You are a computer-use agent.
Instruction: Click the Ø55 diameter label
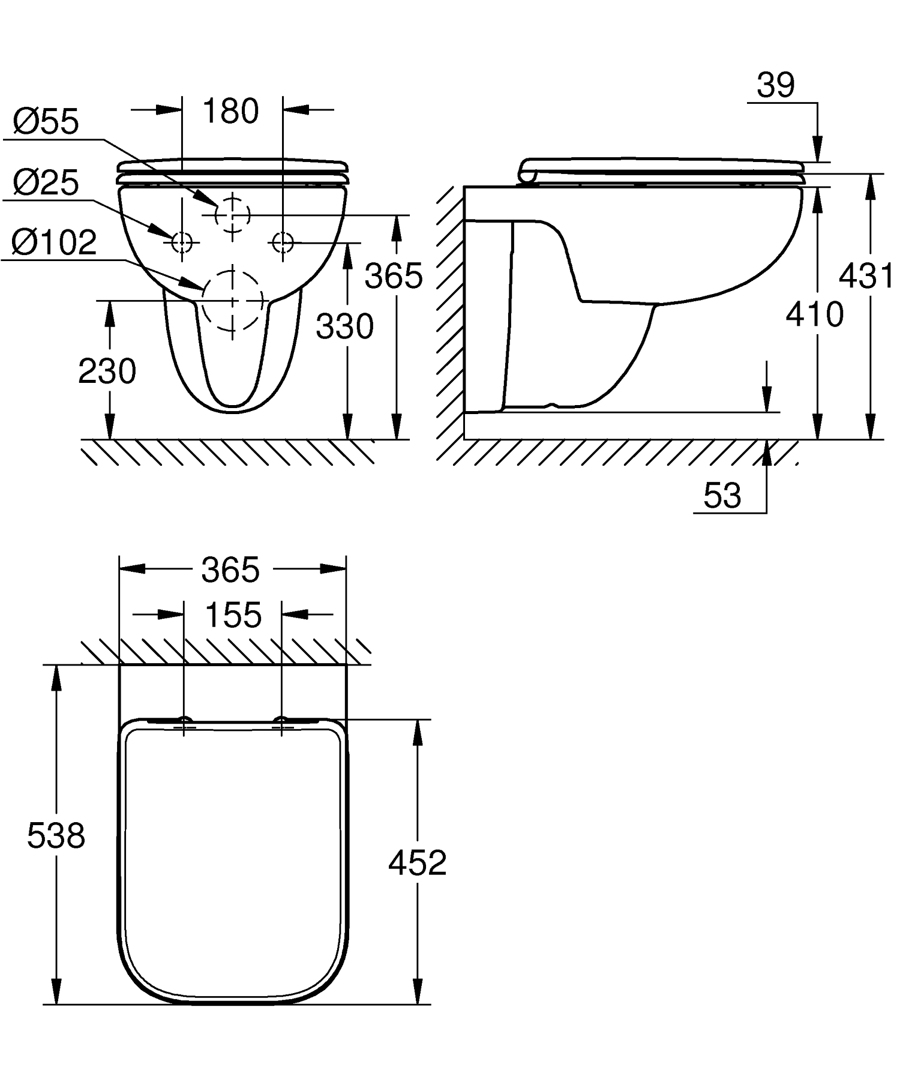(x=46, y=122)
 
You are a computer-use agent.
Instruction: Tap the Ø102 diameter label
(x=54, y=243)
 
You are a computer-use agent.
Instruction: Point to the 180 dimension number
(x=231, y=111)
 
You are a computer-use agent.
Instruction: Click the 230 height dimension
(x=107, y=371)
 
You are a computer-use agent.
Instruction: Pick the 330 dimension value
(x=345, y=327)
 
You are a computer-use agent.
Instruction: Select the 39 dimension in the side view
(x=776, y=85)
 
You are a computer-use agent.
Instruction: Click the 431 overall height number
(x=866, y=277)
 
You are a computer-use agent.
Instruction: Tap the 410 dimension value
(x=815, y=314)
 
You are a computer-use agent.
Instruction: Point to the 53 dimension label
(x=722, y=496)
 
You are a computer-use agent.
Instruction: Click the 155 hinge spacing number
(x=233, y=615)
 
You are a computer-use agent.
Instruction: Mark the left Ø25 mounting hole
(x=182, y=242)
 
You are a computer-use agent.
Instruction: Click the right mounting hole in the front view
(x=282, y=242)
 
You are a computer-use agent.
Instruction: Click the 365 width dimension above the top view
(x=231, y=570)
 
